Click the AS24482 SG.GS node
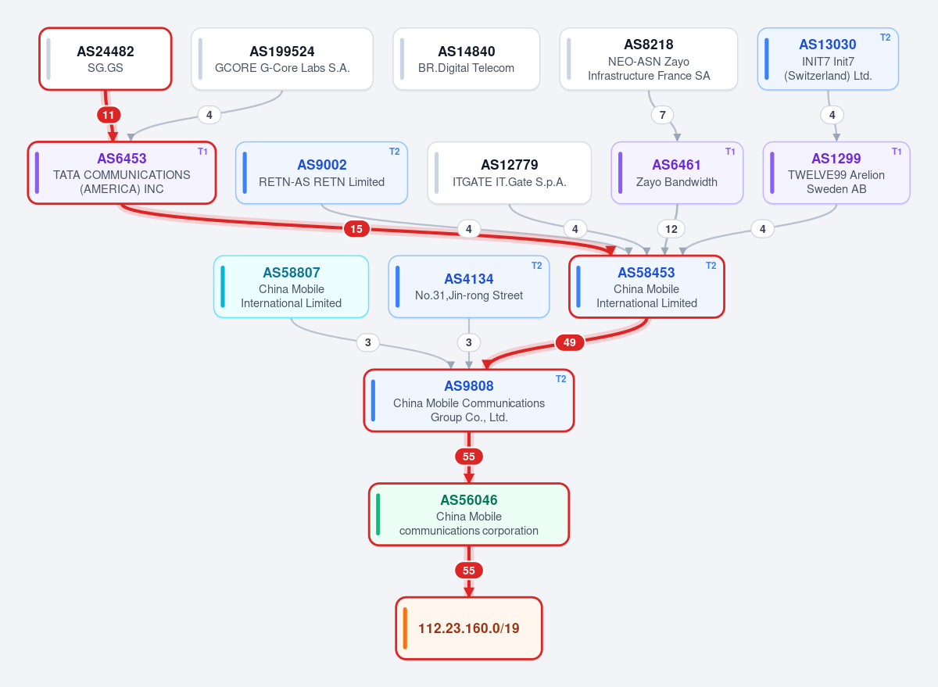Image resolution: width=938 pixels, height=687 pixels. [105, 59]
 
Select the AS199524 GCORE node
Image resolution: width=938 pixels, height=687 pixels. [282, 59]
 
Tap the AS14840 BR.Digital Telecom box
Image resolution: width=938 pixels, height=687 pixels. [466, 59]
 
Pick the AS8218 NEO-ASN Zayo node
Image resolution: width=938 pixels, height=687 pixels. [649, 59]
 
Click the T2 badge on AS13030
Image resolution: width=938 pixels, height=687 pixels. [885, 38]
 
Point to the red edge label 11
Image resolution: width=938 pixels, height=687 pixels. [109, 115]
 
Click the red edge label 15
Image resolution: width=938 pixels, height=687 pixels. [356, 229]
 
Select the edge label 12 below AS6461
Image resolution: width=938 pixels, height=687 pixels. [671, 229]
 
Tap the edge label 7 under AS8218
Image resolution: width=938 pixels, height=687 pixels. [663, 115]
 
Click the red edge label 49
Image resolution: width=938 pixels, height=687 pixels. [570, 342]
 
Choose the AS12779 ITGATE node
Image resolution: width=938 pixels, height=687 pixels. [509, 173]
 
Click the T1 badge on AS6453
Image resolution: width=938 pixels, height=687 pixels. [202, 152]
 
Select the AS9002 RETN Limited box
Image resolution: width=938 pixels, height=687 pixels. [321, 173]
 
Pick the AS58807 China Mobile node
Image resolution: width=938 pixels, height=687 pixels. [291, 287]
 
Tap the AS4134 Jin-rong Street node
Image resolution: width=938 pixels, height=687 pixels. [468, 287]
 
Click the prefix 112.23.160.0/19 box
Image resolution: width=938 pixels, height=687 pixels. [468, 628]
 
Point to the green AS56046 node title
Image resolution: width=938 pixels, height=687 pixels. [468, 500]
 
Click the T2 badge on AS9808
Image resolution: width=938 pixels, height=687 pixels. [560, 379]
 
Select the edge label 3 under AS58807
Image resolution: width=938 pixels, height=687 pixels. [367, 342]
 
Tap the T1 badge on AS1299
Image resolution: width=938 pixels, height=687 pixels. [897, 152]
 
